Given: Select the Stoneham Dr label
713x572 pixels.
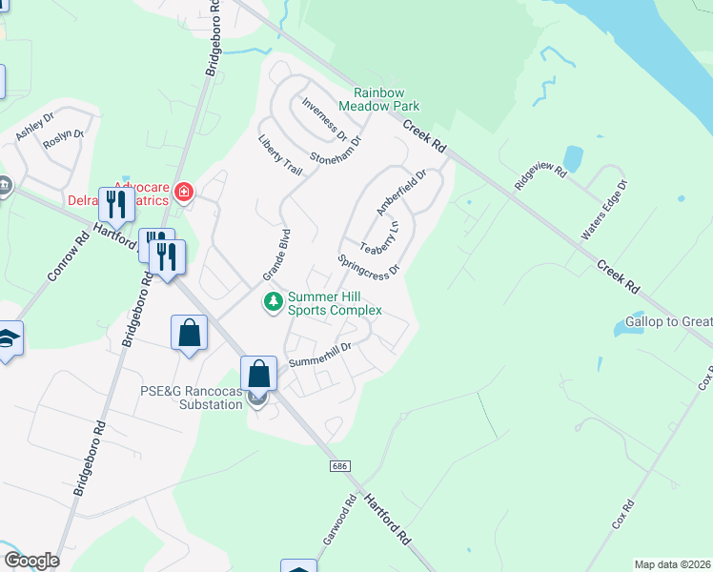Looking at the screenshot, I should click(x=336, y=150).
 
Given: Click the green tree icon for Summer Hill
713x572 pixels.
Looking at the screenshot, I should click(x=274, y=302).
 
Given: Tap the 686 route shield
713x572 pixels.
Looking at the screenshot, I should click(x=340, y=466).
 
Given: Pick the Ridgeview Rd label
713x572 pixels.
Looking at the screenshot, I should click(x=540, y=174).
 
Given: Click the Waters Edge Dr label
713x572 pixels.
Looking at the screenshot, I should click(x=606, y=209).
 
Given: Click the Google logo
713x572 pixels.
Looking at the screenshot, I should click(x=31, y=561).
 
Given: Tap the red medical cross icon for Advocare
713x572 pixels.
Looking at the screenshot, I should click(x=183, y=194).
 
